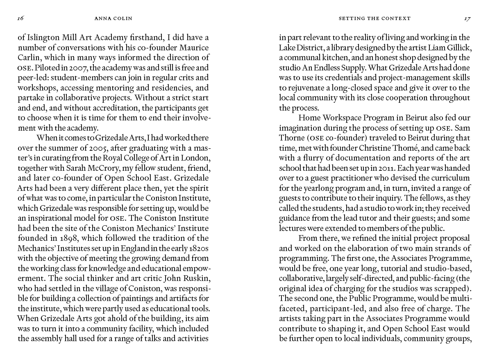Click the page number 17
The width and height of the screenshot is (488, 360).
pyautogui.click(x=467, y=18)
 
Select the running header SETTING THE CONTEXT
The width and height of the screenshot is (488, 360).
pyautogui.click(x=375, y=18)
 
